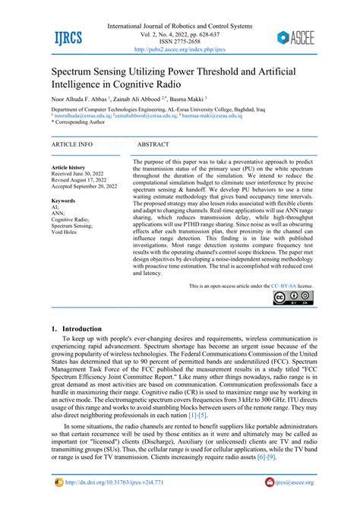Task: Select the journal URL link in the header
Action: (180, 50)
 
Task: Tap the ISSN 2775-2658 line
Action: (180, 42)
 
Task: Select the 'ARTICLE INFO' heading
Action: (71, 143)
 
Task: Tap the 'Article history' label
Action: (68, 167)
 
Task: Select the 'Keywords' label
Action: (63, 201)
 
